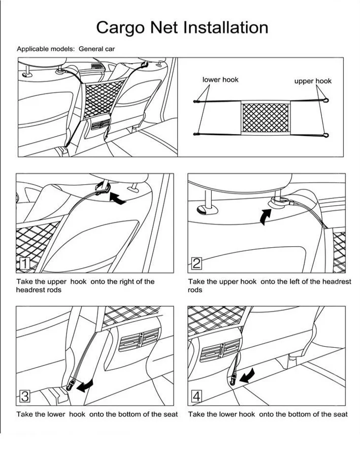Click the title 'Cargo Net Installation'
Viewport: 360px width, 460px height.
(182, 27)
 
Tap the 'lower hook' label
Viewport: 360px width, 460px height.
(220, 80)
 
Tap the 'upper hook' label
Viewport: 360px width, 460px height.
(313, 81)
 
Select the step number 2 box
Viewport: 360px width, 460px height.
(197, 263)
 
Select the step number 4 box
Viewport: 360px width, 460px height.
(197, 396)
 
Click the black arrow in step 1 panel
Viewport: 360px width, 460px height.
(117, 200)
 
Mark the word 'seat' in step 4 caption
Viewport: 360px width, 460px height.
(340, 414)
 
